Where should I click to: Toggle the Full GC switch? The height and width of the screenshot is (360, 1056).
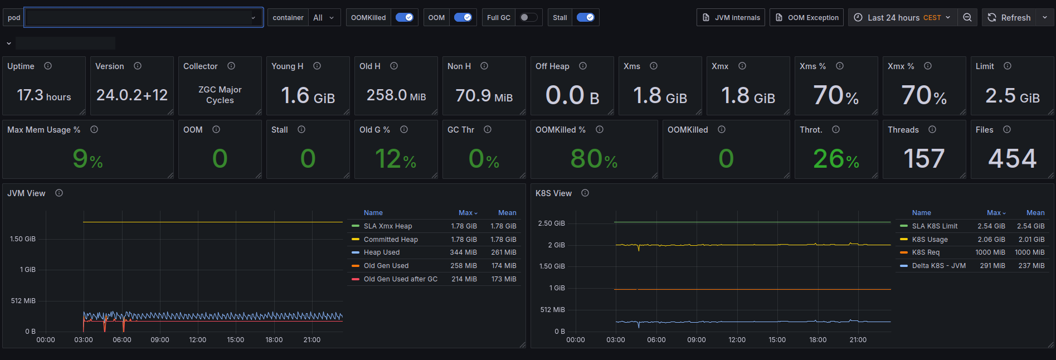coord(528,17)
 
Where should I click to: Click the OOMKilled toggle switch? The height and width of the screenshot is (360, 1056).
coord(405,17)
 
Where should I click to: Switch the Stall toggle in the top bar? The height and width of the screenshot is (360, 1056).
coord(585,17)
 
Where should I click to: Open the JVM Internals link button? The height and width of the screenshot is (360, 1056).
coord(731,17)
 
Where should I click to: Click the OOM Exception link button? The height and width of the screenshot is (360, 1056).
coord(806,17)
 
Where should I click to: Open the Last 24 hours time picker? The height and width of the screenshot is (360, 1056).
coord(903,17)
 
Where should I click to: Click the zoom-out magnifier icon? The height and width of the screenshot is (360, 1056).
coord(967,17)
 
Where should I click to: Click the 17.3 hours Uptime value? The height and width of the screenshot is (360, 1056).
coord(44,95)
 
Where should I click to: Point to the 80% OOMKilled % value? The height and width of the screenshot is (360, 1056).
coord(594,159)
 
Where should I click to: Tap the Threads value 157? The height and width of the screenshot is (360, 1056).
coord(924,159)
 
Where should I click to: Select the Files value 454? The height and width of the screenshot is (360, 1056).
coord(1012,159)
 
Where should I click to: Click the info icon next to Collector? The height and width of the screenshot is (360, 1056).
coord(231,66)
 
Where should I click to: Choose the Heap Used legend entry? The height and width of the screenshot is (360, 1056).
coord(382,252)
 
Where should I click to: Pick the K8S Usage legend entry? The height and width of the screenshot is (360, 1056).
coord(930,240)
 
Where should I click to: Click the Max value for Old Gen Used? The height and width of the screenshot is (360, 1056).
coord(464,266)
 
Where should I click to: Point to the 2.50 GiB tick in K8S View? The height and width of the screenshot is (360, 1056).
coord(551,223)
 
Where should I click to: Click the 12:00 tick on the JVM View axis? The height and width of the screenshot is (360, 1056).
coord(198,340)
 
